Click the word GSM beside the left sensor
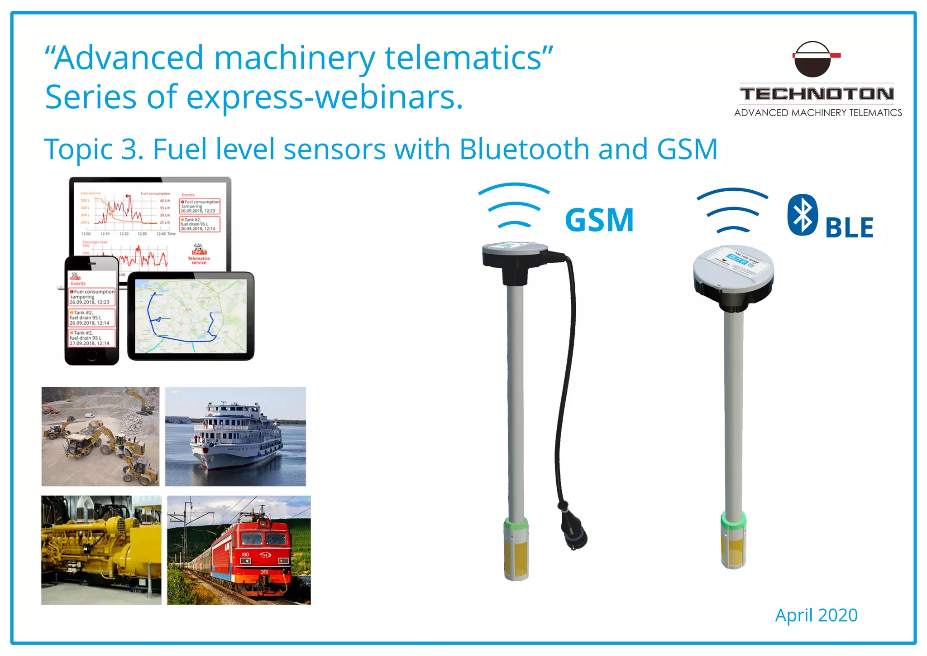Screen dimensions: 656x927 coord(599,220)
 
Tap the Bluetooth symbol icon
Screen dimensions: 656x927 coord(802,215)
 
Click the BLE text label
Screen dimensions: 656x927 coord(849,227)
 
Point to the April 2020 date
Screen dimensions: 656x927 coord(816,615)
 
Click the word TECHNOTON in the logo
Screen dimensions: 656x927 coord(817,94)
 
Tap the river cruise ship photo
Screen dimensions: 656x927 coord(235,436)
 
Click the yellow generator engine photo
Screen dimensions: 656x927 coord(101,550)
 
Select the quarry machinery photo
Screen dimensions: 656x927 coord(100,436)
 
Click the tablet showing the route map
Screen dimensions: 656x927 coord(191,316)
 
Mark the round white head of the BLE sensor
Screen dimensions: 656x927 coord(733,267)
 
